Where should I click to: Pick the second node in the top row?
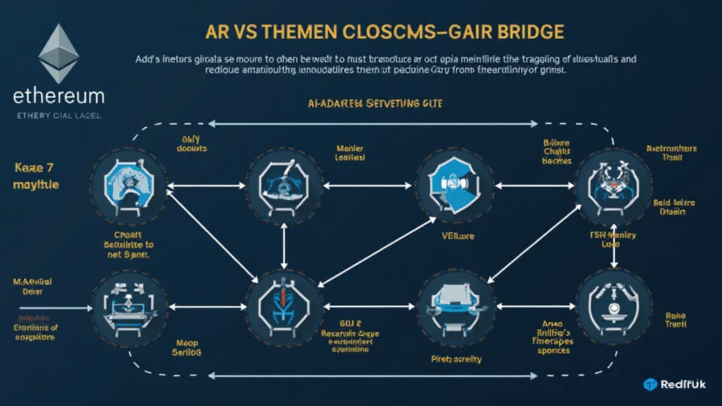282,185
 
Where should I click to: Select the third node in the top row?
451,185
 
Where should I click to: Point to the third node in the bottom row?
451,305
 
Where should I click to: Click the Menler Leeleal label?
350,153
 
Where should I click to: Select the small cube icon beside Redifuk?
650,384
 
